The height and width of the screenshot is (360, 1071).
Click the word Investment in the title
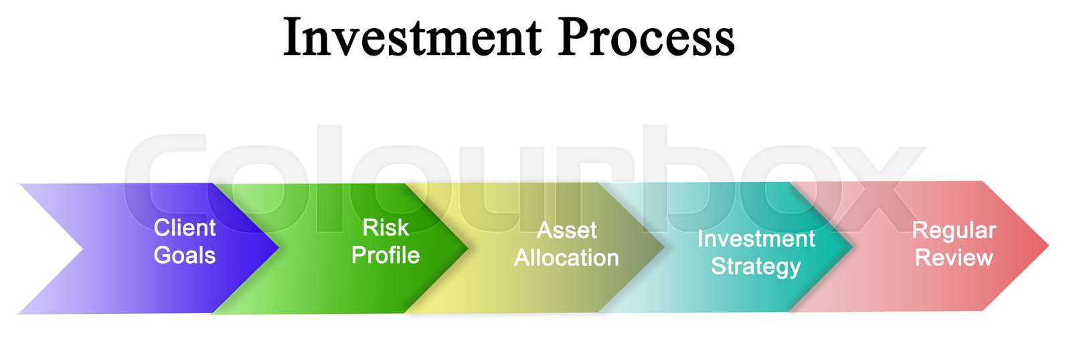[412, 37]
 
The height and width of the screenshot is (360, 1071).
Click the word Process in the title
[646, 37]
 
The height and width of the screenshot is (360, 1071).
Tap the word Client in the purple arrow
[185, 228]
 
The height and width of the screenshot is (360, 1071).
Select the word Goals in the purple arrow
[185, 256]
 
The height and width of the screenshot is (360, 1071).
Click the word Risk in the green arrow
[385, 228]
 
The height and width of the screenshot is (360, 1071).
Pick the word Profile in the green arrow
[386, 256]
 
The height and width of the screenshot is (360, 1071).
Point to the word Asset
[566, 231]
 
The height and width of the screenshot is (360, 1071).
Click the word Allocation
[566, 258]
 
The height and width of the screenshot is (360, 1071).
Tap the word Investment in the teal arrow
[756, 239]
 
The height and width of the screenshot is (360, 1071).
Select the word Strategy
[756, 267]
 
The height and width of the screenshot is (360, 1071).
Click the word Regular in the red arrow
[954, 231]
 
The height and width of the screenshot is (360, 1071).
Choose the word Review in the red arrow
[954, 258]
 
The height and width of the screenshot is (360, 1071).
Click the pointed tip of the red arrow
[1047, 246]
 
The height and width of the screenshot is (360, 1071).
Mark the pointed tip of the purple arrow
[277, 249]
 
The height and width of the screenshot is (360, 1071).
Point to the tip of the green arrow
[467, 248]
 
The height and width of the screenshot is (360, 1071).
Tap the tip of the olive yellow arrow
[663, 248]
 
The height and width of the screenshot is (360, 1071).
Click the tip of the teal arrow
[852, 247]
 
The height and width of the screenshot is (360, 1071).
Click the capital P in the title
[573, 37]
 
